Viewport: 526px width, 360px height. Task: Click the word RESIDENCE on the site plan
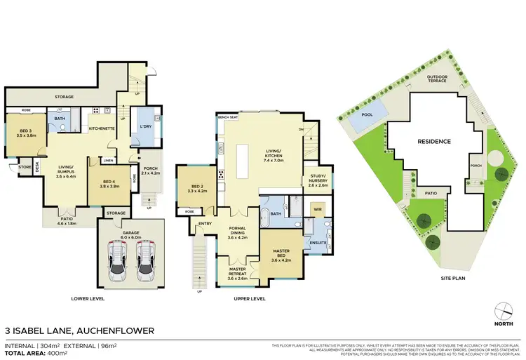click(x=434, y=141)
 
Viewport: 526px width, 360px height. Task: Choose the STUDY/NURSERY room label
click(x=315, y=182)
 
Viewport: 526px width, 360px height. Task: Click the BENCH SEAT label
click(x=227, y=116)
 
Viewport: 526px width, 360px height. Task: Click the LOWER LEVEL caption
click(x=88, y=298)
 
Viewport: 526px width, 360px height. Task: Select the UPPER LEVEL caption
click(x=248, y=298)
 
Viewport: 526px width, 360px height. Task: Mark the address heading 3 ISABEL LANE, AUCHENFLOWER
click(x=79, y=330)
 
